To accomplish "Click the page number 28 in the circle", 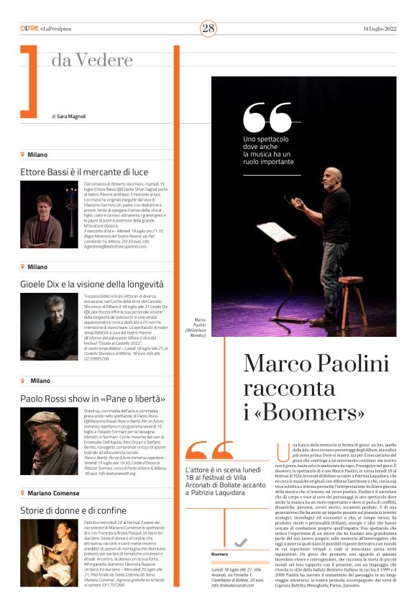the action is pos(208,28).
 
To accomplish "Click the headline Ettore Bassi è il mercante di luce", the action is pos(84,172).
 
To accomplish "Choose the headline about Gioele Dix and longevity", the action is pos(92,284).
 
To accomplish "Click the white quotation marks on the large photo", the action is pos(264,117).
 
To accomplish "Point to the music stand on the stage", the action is pos(276,232).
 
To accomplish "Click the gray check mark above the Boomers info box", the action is pos(241,542).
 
